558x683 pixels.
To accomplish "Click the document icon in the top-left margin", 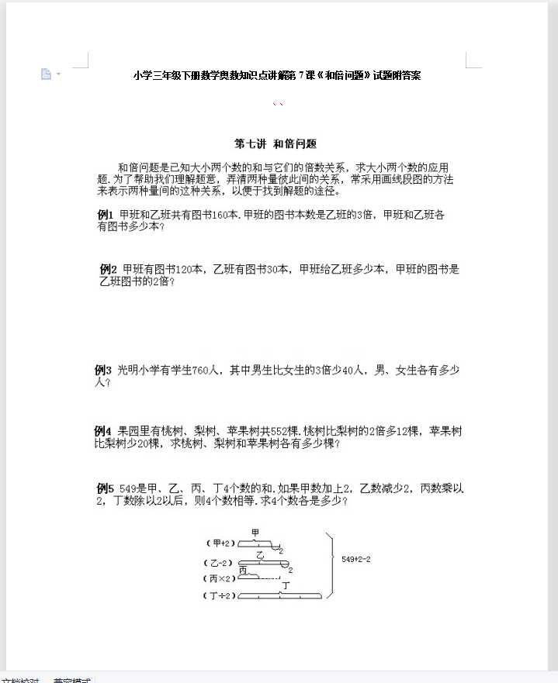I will [x=47, y=74].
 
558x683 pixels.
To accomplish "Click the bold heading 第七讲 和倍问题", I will [x=276, y=143].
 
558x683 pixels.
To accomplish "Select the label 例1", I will [x=106, y=215].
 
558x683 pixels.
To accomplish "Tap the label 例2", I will [x=108, y=269].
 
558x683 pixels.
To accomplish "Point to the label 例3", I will [x=103, y=370].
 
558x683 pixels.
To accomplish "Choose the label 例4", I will [x=103, y=431].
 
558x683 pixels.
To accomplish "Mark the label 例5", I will [x=106, y=488].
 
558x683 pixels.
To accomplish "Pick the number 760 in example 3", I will [x=199, y=370].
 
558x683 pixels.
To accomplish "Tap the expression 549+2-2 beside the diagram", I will [x=356, y=558].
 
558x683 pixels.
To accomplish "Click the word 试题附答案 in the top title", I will [x=397, y=75].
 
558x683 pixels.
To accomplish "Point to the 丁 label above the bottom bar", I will [x=286, y=585].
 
